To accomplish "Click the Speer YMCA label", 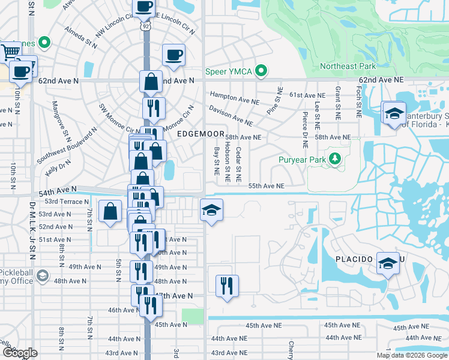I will (228, 71).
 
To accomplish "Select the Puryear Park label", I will (301, 160).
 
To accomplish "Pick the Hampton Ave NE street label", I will (231, 96).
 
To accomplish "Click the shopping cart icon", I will (10, 52).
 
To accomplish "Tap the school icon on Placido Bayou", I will (388, 263).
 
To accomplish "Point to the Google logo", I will (20, 353).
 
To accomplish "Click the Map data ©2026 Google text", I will (411, 355).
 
